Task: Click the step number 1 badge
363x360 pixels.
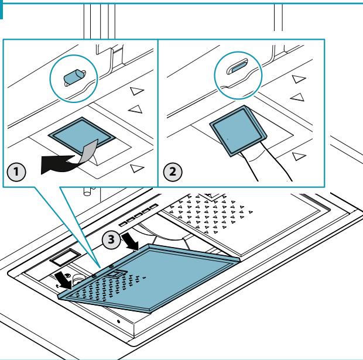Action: pos(16,172)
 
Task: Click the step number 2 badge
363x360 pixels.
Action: pos(173,172)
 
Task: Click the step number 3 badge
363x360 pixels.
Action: pos(111,239)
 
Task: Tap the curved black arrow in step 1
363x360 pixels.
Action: pos(58,165)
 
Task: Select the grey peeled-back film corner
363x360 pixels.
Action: pos(88,151)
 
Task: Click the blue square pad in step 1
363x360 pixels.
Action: pos(81,134)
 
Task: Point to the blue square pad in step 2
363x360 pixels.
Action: pos(238,131)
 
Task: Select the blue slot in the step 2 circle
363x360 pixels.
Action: pos(237,67)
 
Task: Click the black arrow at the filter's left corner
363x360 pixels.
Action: pos(63,280)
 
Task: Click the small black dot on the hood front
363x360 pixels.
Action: pos(118,321)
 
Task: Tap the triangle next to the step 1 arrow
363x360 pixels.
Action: pos(137,169)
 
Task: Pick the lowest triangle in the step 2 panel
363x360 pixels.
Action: pos(299,156)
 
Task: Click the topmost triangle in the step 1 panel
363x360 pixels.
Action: pos(137,91)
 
